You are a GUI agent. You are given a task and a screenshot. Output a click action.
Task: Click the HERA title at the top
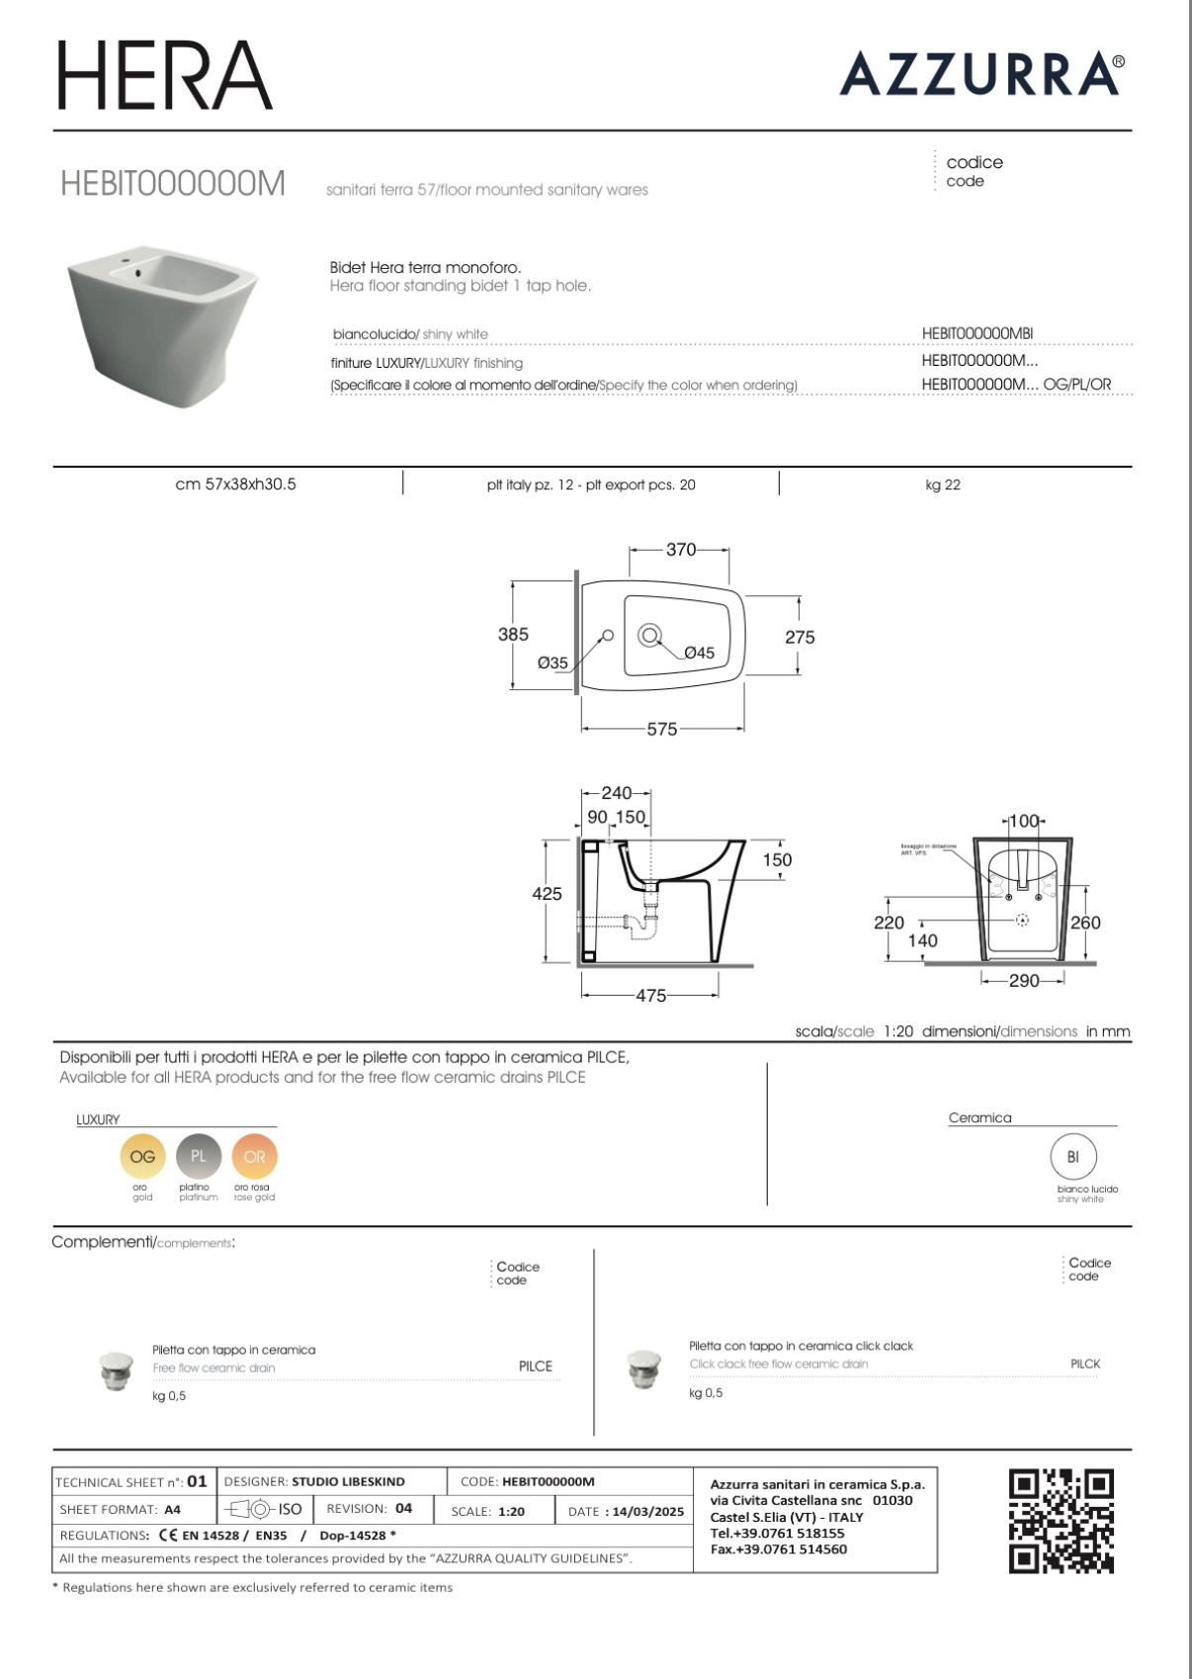click(164, 75)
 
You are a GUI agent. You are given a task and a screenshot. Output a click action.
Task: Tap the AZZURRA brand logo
click(980, 74)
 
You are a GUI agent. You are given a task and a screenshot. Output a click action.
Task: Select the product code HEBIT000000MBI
click(977, 334)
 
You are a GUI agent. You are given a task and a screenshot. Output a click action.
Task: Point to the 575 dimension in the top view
click(662, 729)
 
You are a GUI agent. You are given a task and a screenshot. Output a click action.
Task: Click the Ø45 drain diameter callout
click(699, 653)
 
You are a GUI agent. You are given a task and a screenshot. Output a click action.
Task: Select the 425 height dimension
click(547, 894)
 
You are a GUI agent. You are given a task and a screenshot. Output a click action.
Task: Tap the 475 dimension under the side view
click(650, 996)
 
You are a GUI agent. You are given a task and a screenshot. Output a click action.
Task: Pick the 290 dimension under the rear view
click(1024, 980)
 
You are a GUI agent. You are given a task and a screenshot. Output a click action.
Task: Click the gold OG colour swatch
click(142, 1156)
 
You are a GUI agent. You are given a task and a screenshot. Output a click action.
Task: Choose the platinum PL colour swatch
click(199, 1156)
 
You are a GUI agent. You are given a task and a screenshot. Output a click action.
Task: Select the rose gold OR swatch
click(255, 1156)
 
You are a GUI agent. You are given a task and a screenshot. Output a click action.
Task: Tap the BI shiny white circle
click(1073, 1157)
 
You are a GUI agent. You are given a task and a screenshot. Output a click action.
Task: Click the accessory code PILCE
click(536, 1366)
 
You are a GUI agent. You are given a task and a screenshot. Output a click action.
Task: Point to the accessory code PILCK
click(1084, 1364)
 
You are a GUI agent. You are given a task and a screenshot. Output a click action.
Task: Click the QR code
click(1061, 1521)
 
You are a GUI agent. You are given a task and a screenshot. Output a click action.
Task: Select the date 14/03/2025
click(648, 1511)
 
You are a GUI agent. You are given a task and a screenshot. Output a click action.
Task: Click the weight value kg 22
click(943, 485)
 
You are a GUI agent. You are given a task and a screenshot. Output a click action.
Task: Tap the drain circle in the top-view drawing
click(649, 635)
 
